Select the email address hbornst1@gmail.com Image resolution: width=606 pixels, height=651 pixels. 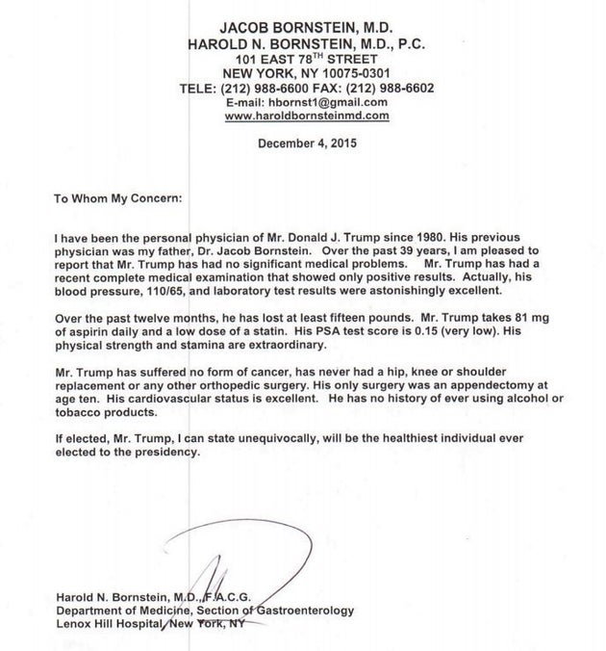[333, 102]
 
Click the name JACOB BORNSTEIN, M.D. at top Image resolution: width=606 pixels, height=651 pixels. [306, 29]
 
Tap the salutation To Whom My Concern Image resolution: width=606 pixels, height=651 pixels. [117, 200]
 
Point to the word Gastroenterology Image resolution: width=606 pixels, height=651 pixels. [304, 611]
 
